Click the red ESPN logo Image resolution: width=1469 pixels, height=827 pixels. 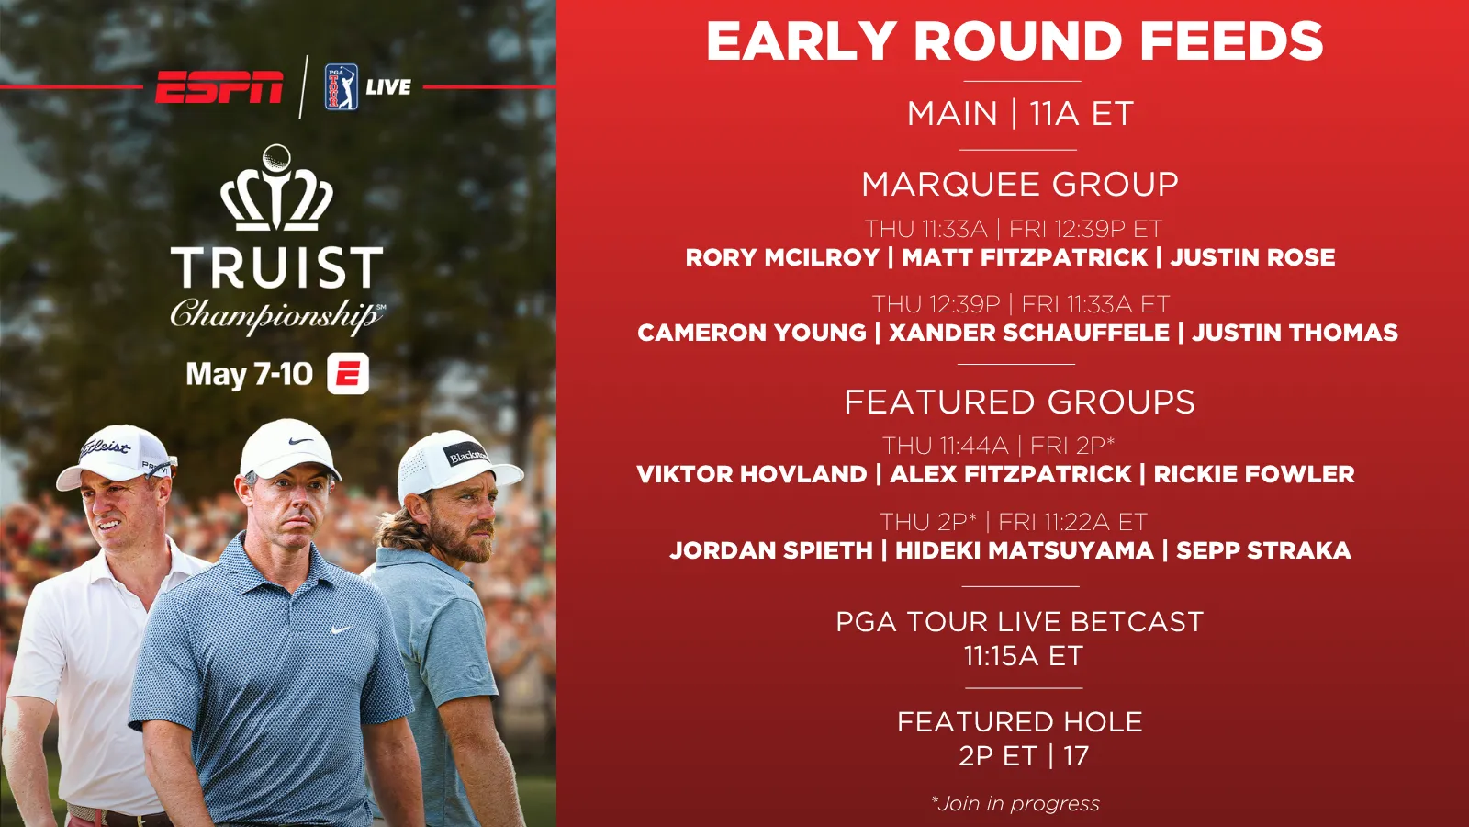point(219,87)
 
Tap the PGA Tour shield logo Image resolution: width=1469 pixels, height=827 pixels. point(341,86)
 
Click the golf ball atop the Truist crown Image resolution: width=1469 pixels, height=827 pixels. point(276,158)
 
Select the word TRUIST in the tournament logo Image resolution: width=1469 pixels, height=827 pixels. point(276,267)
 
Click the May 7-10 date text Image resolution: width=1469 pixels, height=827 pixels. point(249,374)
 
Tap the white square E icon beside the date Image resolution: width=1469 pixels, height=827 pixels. point(348,373)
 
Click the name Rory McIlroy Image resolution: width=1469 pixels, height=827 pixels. point(782,257)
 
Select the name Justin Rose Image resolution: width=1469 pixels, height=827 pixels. point(1252,257)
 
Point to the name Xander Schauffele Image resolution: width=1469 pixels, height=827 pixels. point(1029,333)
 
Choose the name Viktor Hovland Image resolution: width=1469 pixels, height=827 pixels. point(752,474)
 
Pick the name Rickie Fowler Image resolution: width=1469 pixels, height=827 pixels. point(1254,474)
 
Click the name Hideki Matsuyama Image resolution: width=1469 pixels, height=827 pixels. point(1025,550)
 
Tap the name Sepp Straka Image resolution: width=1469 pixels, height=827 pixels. point(1263,550)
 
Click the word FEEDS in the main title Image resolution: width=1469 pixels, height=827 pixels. point(1231,41)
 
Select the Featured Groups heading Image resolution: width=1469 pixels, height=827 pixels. point(1020,402)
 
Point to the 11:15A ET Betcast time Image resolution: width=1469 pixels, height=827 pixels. point(1023,656)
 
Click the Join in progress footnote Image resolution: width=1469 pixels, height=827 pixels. point(1015,803)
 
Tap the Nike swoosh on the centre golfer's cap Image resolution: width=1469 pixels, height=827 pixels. point(300,441)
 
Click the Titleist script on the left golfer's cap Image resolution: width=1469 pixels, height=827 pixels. point(105,448)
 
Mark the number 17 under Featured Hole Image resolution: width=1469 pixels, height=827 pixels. point(1076,756)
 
